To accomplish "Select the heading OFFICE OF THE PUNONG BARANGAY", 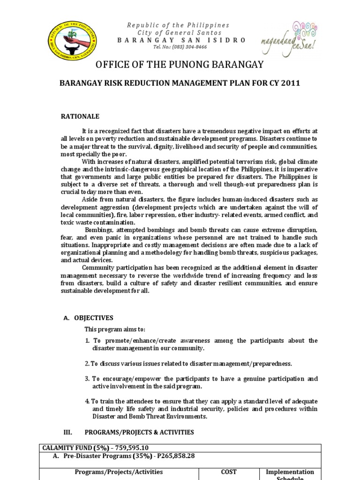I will [180, 65].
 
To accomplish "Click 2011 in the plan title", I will [290, 83].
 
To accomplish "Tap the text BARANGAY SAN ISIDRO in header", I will [181, 40].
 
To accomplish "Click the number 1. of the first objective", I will [87, 340].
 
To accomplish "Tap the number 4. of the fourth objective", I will [87, 401].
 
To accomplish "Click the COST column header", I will [229, 472].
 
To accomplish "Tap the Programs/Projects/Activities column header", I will [119, 472].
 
